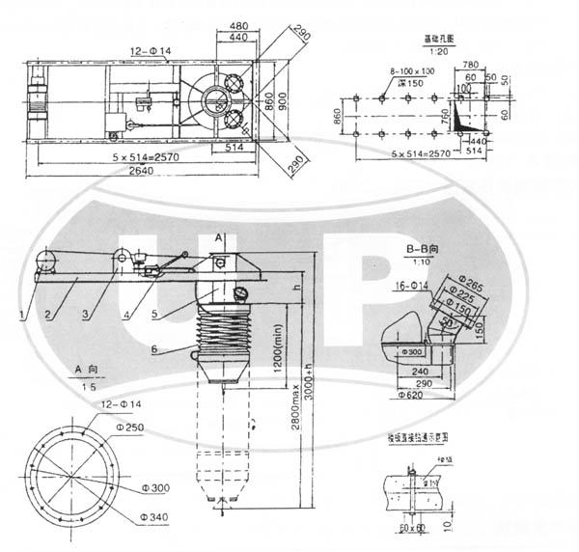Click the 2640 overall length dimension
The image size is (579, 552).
click(x=142, y=172)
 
